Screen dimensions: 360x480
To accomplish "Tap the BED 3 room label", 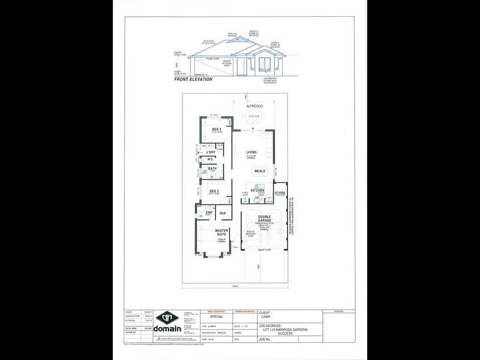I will click(215, 129).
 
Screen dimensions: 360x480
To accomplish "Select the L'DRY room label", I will click(211, 152).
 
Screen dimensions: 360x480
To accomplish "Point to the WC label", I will click(211, 160).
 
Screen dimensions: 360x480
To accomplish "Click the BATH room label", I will click(212, 169).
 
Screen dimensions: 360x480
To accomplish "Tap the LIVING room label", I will click(251, 152).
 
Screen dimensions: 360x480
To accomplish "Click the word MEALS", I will click(259, 171).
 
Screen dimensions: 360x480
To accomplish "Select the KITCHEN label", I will click(258, 191).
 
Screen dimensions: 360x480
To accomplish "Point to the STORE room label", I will click(280, 193).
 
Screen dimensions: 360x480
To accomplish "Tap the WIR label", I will click(222, 213).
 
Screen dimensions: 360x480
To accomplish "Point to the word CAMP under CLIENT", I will click(266, 317).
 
